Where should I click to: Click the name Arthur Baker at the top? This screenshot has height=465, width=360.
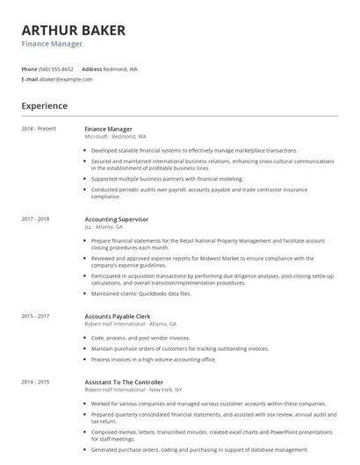[x=73, y=30]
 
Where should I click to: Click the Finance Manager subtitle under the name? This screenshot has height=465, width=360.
[x=52, y=44]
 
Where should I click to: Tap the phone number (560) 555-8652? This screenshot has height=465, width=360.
[x=57, y=68]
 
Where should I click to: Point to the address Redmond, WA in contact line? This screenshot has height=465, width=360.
[x=121, y=68]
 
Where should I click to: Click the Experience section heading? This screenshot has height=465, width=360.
[x=44, y=106]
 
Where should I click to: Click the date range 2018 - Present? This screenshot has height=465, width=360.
[x=39, y=129]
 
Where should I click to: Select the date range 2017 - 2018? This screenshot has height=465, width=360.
[x=35, y=218]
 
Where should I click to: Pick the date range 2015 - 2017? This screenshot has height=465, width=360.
[x=35, y=315]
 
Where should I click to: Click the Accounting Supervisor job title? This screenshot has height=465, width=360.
[x=117, y=218]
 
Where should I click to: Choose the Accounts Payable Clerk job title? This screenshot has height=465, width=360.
[x=119, y=315]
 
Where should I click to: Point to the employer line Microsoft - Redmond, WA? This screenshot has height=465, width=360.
[x=115, y=137]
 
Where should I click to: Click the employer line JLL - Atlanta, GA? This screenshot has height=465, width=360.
[x=104, y=226]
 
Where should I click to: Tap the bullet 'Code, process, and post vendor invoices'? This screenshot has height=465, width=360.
[x=140, y=338]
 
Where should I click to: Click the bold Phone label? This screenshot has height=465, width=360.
[x=29, y=68]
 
